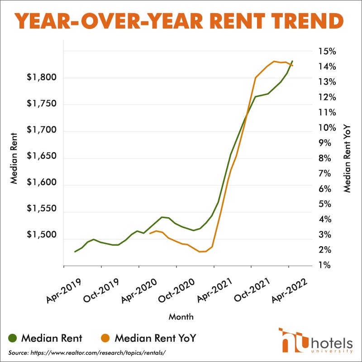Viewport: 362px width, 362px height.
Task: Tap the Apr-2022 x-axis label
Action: coord(290,290)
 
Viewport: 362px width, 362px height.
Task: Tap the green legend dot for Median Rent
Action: coord(13,338)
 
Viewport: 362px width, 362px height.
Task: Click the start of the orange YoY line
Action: coord(150,233)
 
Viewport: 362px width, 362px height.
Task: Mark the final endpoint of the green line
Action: coord(293,61)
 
